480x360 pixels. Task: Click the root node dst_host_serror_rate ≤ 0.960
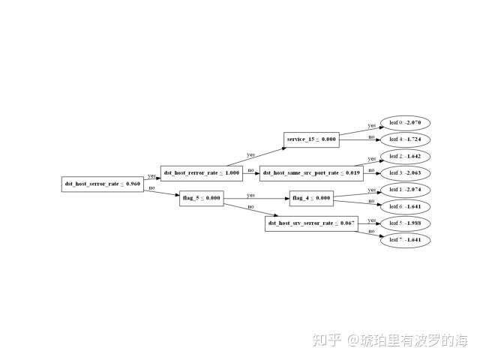(102, 183)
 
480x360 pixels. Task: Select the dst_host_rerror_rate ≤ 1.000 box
(202, 172)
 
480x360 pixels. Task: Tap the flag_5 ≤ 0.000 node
(201, 198)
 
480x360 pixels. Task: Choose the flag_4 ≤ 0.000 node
(310, 198)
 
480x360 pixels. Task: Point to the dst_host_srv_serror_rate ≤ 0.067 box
(311, 223)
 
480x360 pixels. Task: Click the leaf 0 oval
(406, 122)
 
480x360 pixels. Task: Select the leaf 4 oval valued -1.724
(406, 139)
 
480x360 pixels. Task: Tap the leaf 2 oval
(406, 157)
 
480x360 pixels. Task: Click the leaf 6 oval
(406, 206)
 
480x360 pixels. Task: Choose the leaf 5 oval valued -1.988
(406, 223)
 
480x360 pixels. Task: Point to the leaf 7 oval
(406, 240)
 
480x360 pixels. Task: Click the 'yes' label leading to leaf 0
(371, 125)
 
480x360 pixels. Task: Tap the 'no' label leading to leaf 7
(370, 232)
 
